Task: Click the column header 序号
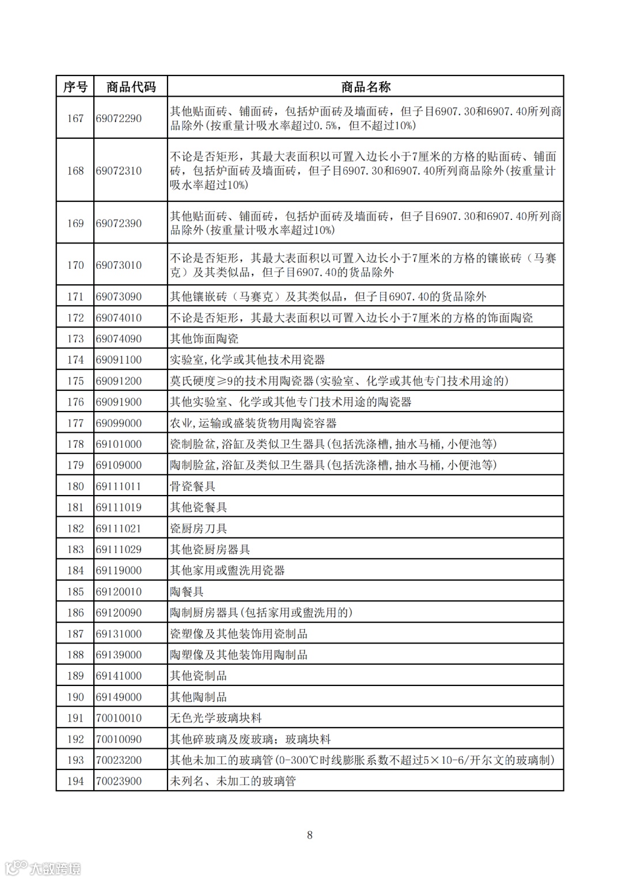click(75, 87)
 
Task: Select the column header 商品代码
click(131, 87)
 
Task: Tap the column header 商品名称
click(366, 87)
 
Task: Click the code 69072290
click(119, 119)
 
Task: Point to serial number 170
click(75, 265)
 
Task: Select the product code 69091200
click(119, 381)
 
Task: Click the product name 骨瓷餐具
click(192, 486)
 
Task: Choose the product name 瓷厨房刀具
click(198, 528)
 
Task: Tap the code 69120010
click(119, 592)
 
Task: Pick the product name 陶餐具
click(187, 592)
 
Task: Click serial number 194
click(75, 781)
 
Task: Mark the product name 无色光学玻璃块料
click(215, 718)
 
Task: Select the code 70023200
click(119, 760)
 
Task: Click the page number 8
click(310, 835)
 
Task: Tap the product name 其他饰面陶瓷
click(204, 339)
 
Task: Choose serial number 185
click(75, 592)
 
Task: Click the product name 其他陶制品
click(198, 697)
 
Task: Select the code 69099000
click(119, 423)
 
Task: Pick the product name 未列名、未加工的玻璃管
click(233, 781)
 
